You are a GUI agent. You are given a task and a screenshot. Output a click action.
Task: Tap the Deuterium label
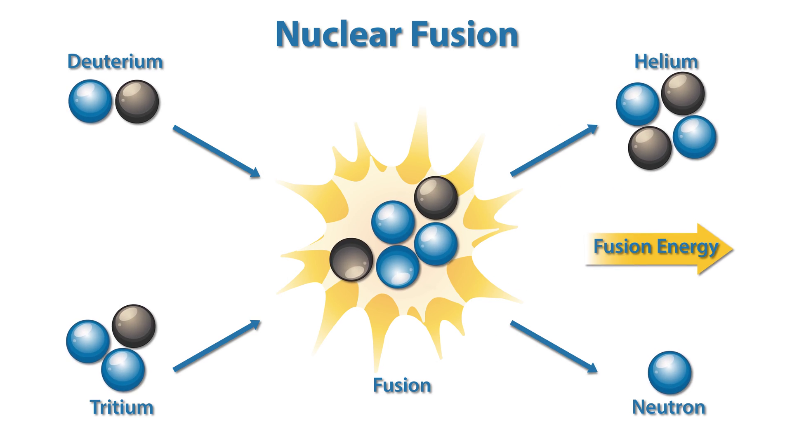coord(115,62)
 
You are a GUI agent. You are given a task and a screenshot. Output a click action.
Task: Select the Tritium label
coord(122,407)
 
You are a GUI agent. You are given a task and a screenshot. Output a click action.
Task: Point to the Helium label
coord(666,62)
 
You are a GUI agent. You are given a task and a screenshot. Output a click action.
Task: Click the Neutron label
coord(668,407)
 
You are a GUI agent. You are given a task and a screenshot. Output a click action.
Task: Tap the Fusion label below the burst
coord(402,385)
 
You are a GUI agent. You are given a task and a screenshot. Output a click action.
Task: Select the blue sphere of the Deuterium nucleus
coord(90,101)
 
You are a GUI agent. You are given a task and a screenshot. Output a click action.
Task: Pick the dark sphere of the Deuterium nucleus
coord(137,101)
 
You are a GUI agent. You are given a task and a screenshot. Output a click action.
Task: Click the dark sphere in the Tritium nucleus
coord(134,326)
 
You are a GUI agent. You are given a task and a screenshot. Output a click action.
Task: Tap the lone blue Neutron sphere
coord(669,372)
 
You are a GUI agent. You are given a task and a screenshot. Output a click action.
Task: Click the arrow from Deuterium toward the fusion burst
coord(216,151)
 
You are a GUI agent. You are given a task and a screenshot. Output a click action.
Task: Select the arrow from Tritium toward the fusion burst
coord(216,346)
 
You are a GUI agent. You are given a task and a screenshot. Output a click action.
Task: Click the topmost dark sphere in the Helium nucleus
coord(683,94)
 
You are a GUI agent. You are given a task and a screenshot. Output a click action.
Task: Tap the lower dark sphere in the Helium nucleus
coord(650,148)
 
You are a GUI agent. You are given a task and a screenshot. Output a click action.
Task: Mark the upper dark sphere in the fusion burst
coord(436,198)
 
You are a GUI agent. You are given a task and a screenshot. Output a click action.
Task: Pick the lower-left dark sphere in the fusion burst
coord(351,260)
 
